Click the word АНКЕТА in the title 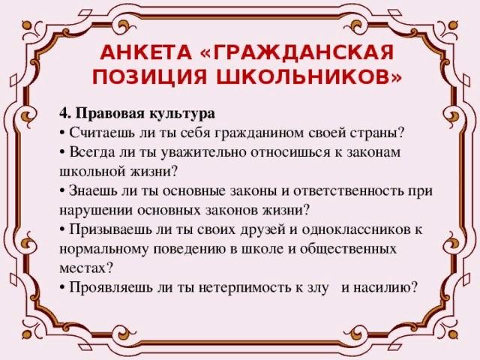click(x=145, y=52)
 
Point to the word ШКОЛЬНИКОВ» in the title click(x=309, y=76)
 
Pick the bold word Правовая click(x=110, y=114)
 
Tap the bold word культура click(x=182, y=115)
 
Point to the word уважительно click(x=202, y=153)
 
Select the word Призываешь click(x=110, y=230)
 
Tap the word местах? click(x=86, y=268)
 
